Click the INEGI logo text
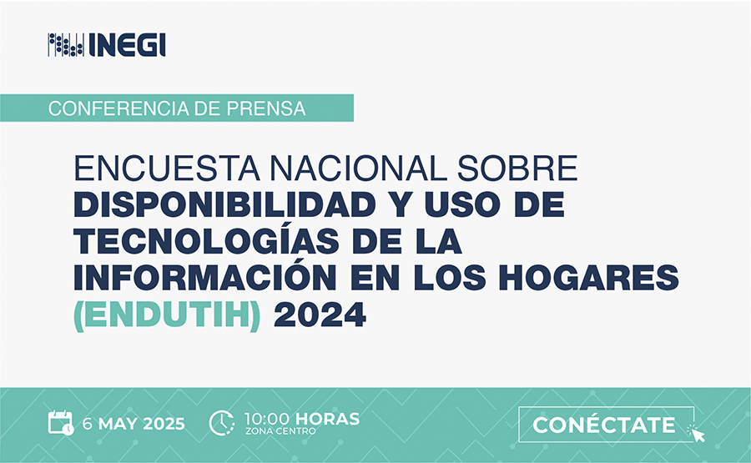click(x=127, y=45)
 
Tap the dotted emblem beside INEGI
click(x=66, y=45)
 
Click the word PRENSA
click(x=266, y=108)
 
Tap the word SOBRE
click(x=517, y=168)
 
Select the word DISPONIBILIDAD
click(x=224, y=204)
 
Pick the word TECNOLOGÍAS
click(x=206, y=241)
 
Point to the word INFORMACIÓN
click(x=205, y=277)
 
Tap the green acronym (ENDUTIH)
click(x=167, y=315)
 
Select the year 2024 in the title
click(x=320, y=315)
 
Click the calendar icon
click(x=61, y=423)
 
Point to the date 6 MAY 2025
click(x=134, y=424)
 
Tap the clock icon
click(x=222, y=423)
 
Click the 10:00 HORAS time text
click(x=302, y=419)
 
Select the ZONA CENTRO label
click(x=280, y=431)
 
